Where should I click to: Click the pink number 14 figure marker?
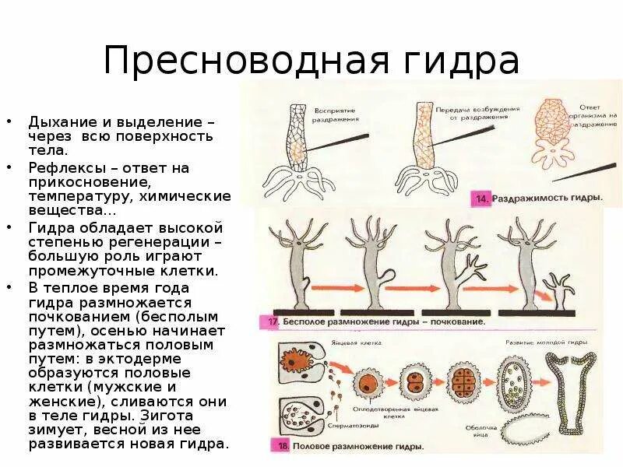481,199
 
